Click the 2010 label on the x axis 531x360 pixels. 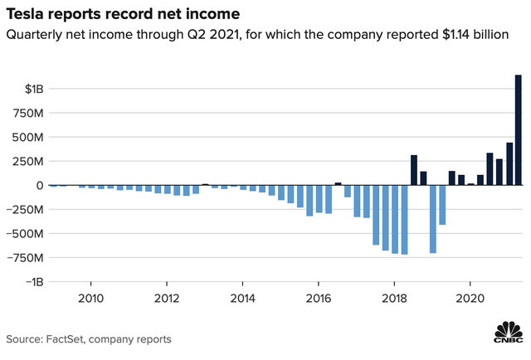[90, 298]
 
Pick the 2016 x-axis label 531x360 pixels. [319, 298]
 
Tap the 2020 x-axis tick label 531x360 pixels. [470, 298]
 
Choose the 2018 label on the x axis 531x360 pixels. [394, 298]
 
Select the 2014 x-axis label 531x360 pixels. [242, 298]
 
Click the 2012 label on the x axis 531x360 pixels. [167, 298]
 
